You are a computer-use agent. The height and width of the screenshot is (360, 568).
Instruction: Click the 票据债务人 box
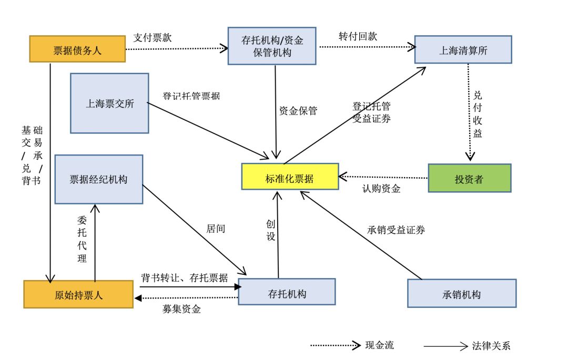coord(77,49)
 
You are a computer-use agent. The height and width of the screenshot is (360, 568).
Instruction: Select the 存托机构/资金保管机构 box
coord(272,46)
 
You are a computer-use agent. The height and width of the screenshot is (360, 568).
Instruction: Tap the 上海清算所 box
coord(463,50)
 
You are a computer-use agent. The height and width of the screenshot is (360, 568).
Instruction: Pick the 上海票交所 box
coord(109,103)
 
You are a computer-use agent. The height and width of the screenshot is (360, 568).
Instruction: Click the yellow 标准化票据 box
coord(289,178)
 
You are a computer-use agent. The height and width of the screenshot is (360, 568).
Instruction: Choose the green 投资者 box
coord(469,178)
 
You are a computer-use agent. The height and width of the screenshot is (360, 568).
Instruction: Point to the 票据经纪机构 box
coord(99,179)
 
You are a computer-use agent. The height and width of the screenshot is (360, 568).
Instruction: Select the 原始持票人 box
coord(78,294)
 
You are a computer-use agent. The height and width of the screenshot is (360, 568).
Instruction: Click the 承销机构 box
coord(461,293)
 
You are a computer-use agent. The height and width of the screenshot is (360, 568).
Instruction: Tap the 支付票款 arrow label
coord(153,38)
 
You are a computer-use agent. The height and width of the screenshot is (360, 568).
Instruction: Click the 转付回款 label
coord(358,37)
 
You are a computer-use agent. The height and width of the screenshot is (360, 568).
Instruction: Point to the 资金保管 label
coord(298,110)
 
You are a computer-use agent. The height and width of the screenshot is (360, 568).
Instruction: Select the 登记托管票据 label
coord(191,96)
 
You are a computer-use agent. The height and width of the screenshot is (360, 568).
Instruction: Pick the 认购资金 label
coord(381,189)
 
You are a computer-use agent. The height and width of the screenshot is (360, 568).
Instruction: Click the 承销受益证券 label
coord(396,230)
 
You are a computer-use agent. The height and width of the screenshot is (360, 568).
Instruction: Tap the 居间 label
coord(216,229)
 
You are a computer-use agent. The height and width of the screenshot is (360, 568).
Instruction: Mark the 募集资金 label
coord(181,309)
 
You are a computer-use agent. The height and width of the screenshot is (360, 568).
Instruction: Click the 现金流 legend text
coord(379,345)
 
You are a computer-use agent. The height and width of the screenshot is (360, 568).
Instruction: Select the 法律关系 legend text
coord(491,345)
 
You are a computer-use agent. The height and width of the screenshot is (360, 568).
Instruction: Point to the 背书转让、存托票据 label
coord(184,277)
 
